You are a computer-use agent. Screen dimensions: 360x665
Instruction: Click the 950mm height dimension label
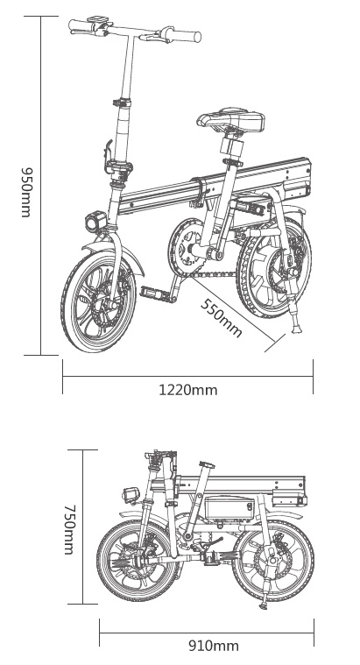click(26, 192)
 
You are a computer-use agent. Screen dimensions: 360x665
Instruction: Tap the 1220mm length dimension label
click(187, 389)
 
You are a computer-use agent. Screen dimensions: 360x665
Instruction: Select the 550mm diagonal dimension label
click(221, 318)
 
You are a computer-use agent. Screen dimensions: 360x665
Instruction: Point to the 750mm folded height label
click(68, 529)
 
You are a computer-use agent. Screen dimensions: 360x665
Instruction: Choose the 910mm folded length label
click(214, 646)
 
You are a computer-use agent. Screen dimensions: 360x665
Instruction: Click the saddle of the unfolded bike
click(230, 119)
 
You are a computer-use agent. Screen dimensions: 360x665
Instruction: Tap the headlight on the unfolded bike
click(95, 222)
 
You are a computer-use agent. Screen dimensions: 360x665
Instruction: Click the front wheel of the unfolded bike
click(98, 301)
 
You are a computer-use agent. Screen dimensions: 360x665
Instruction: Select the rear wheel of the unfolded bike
click(274, 267)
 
